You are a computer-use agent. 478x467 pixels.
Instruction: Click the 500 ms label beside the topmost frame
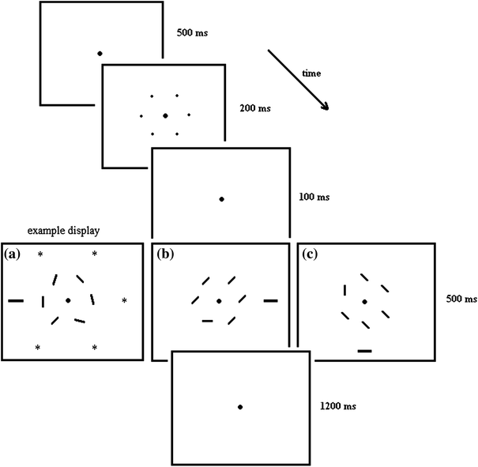coord(194,35)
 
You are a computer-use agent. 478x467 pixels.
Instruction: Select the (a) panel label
coord(13,254)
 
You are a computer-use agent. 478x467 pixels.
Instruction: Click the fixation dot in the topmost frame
coord(100,54)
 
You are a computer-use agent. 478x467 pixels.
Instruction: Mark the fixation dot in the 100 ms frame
coord(222,199)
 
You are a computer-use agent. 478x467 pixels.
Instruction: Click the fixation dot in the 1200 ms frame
coord(240,407)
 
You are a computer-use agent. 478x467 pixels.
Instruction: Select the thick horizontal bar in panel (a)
coord(16,301)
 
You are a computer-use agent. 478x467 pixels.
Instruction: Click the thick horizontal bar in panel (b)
coord(271,301)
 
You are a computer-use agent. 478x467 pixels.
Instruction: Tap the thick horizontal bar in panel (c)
coord(364,349)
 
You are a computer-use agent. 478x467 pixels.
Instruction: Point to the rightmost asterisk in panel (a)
coord(124,301)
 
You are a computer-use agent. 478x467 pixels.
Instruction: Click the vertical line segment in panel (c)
coord(344,290)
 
